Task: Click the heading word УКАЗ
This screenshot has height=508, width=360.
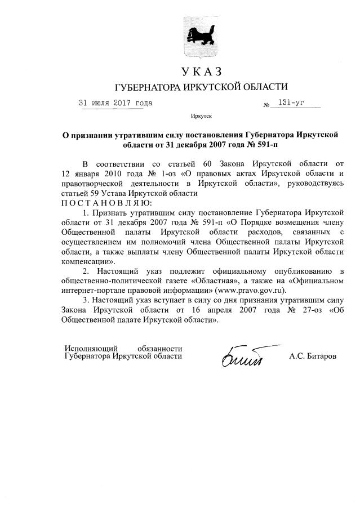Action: (x=201, y=72)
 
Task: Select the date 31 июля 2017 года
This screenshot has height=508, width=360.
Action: (x=115, y=103)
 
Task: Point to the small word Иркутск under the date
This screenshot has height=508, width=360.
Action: (x=201, y=118)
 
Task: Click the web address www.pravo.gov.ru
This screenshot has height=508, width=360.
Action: (x=243, y=291)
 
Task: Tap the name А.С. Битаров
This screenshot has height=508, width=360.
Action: (x=313, y=357)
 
